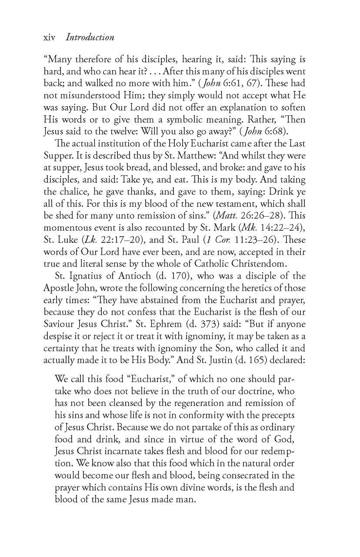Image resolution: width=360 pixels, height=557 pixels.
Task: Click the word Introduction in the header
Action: [x=90, y=37]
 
